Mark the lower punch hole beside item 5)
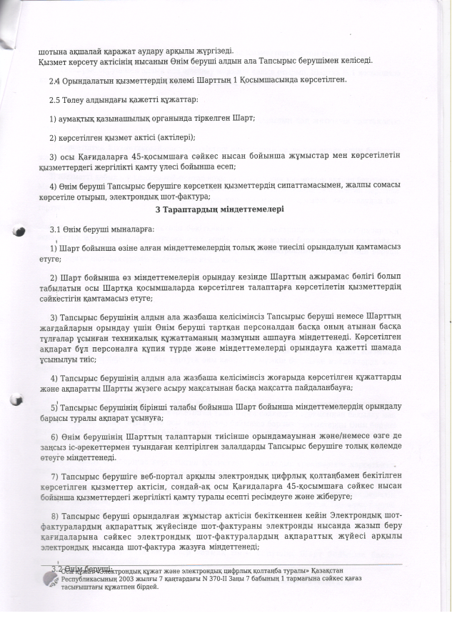point(19,404)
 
